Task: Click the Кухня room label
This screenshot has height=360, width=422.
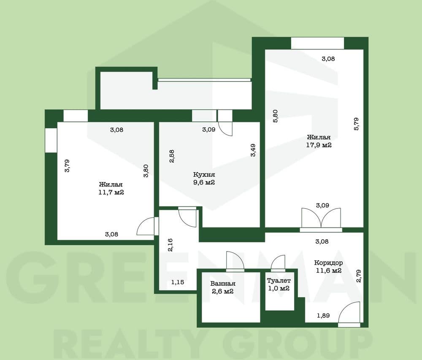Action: [204, 175]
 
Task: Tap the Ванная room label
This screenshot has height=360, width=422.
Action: [223, 283]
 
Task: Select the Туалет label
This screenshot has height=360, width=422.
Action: [279, 281]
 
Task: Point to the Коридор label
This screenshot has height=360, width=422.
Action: [328, 263]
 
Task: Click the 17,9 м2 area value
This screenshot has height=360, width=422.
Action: [319, 145]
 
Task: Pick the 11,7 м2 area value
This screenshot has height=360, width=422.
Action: [111, 192]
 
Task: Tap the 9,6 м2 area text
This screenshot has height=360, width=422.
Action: [204, 182]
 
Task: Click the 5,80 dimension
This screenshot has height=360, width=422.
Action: [275, 116]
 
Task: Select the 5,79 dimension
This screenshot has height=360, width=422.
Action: [356, 124]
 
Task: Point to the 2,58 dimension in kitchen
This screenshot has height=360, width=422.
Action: [171, 156]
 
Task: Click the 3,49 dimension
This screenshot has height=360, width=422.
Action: [253, 150]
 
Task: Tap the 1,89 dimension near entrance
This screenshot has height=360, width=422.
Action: [323, 315]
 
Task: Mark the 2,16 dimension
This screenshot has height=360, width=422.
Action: [170, 245]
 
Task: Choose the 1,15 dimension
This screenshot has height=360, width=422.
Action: [178, 282]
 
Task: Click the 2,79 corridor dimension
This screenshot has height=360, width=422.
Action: [358, 276]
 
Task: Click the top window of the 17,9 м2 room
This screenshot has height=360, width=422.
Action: [318, 43]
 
